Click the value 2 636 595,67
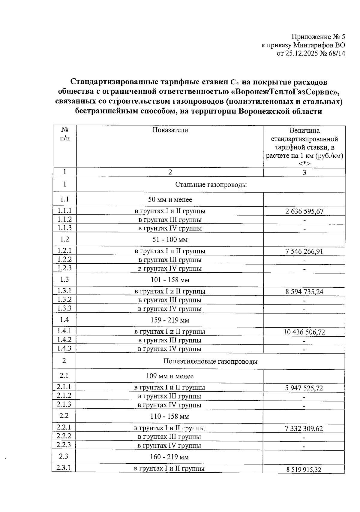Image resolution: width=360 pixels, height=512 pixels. (x=304, y=211)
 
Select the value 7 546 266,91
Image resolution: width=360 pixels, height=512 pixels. (x=304, y=251)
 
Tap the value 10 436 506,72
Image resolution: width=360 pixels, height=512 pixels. (x=304, y=332)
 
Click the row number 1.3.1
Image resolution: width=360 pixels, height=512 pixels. (x=64, y=291)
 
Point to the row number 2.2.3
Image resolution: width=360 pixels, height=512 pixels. (x=64, y=445)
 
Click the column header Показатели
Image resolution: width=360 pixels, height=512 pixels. (x=170, y=130)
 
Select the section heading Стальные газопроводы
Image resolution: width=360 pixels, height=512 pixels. (x=211, y=185)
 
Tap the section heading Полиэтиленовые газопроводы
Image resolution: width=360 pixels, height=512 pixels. (x=210, y=362)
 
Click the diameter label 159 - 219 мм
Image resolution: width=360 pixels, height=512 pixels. (x=170, y=320)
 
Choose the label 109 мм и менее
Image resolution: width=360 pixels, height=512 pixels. (x=169, y=376)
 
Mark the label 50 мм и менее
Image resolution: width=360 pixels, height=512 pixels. (x=170, y=200)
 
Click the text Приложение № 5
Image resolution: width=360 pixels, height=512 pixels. (x=318, y=37)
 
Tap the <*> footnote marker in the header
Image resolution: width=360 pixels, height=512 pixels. (x=304, y=164)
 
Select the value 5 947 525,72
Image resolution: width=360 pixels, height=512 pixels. (x=304, y=388)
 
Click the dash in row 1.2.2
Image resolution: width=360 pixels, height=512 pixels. (x=304, y=260)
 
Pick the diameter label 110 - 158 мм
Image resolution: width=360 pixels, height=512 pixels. (x=169, y=417)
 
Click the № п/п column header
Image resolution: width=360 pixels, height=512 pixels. (x=65, y=134)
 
